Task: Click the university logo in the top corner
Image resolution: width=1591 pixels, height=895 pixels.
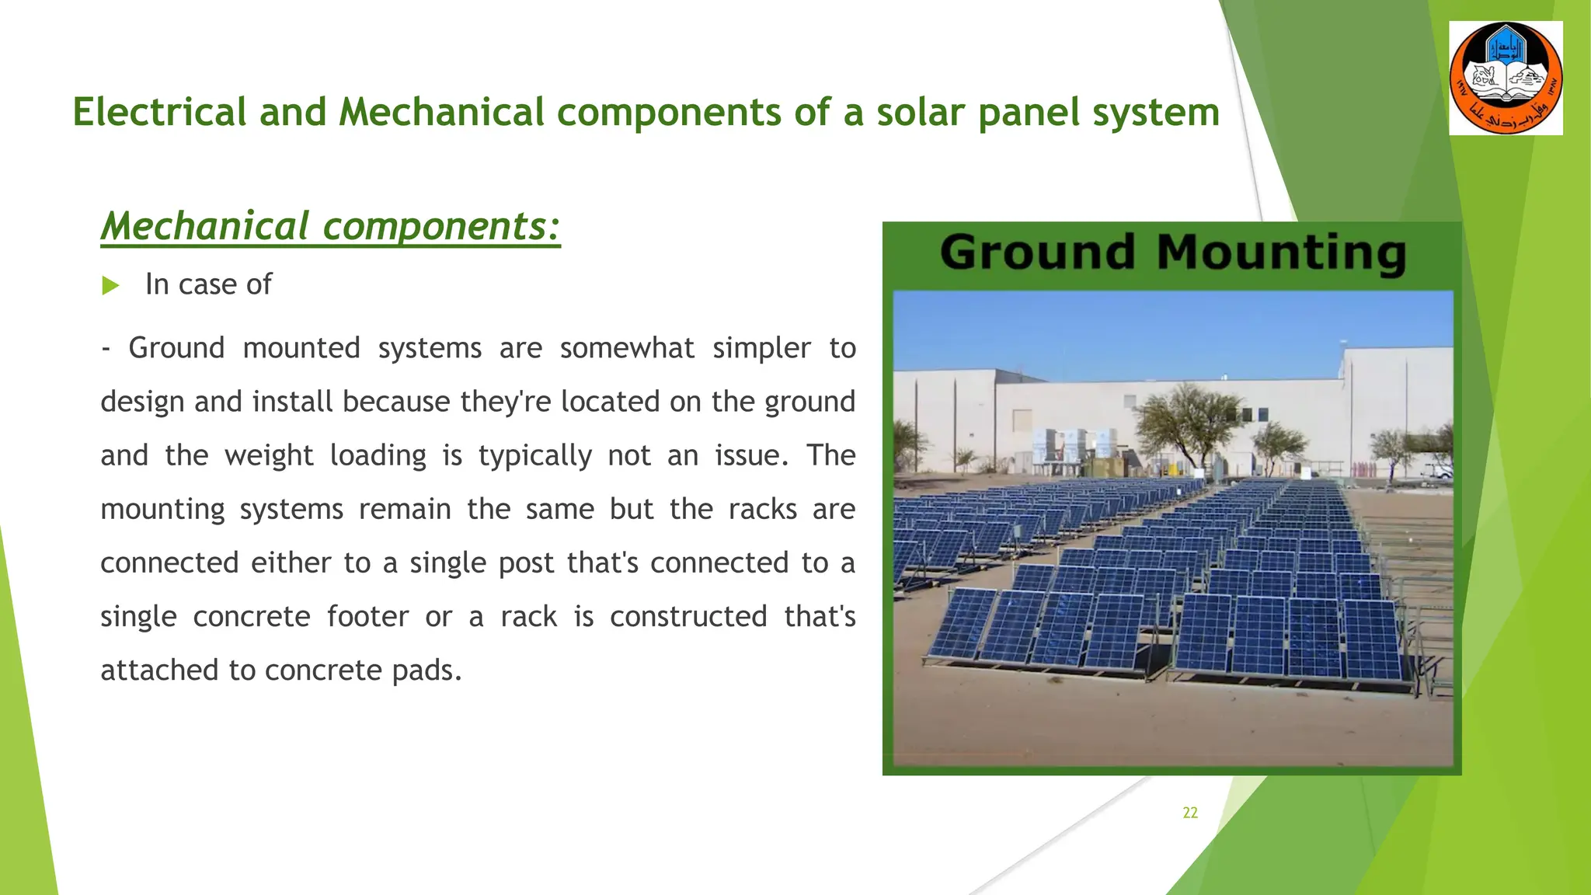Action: (1506, 78)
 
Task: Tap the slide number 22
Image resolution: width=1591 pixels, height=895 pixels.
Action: (1189, 813)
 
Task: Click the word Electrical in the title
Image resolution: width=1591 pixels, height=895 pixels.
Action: (159, 112)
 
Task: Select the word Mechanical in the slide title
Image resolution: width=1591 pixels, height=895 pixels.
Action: (441, 112)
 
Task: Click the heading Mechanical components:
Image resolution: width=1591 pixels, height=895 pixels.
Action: (330, 226)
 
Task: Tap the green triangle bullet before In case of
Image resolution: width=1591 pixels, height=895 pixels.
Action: (110, 285)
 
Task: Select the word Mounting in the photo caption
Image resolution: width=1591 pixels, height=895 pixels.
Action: (1281, 253)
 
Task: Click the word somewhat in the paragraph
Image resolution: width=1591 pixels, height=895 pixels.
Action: (627, 348)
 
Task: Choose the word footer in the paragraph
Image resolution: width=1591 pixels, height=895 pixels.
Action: (367, 617)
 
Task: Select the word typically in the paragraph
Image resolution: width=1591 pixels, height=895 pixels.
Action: (534, 455)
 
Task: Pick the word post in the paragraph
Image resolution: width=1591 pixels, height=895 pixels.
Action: (525, 563)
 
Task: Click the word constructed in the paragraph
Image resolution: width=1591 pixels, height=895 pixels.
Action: (688, 617)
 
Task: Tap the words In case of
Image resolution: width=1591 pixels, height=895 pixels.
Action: (208, 285)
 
